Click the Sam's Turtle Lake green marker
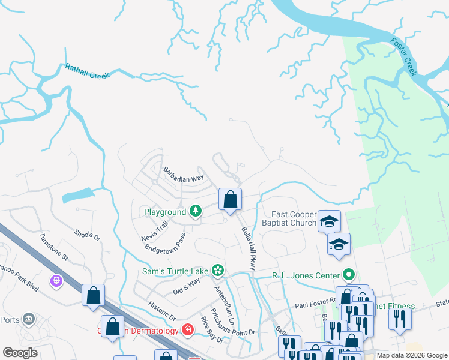pos(218,271)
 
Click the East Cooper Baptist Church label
pos(294,219)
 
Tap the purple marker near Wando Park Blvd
pos(57,280)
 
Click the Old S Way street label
pos(187,286)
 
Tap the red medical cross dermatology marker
pos(187,330)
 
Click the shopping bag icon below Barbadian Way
pos(231,199)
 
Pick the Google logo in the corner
pos(20,353)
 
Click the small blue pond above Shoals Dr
pos(78,195)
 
